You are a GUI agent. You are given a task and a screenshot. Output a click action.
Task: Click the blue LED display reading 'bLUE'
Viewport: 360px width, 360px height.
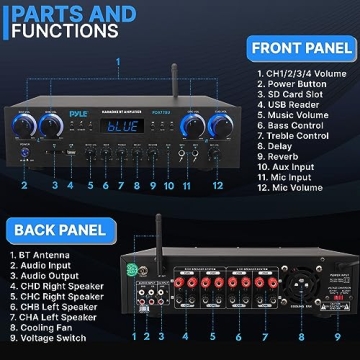point(124,127)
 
